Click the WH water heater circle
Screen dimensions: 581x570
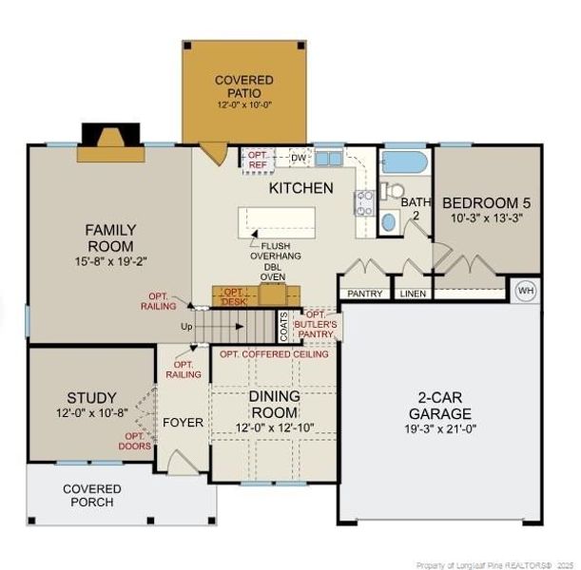[x=526, y=291]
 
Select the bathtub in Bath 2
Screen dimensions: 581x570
[x=405, y=162]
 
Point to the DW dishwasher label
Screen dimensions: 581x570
[x=299, y=159]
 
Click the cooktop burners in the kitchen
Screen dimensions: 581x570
[x=364, y=203]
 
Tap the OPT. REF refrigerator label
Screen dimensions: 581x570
[x=258, y=160]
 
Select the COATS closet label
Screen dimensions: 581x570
[x=283, y=327]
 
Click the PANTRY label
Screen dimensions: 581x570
[x=365, y=294]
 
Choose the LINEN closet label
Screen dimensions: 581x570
[x=413, y=294]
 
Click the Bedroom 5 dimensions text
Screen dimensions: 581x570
[x=487, y=218]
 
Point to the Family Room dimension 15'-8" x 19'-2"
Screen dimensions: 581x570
[x=111, y=261]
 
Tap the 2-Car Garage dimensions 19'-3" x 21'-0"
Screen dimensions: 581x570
[x=440, y=429]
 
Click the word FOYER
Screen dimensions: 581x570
[x=183, y=423]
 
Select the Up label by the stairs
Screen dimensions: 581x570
[x=186, y=327]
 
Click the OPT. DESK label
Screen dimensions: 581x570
[x=235, y=296]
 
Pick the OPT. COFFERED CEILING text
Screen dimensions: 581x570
[x=274, y=354]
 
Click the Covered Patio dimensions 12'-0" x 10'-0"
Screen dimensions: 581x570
[x=244, y=104]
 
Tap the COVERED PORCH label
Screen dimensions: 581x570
[x=92, y=496]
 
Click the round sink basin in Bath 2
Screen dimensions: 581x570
[x=389, y=222]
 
